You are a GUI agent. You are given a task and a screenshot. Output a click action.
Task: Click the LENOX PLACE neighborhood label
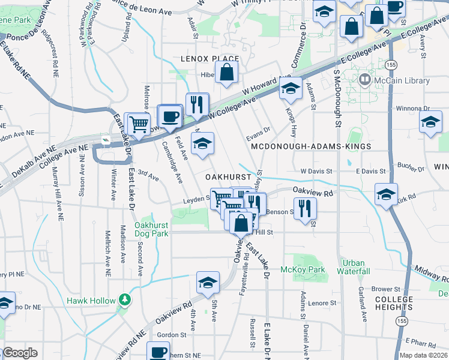click(210, 59)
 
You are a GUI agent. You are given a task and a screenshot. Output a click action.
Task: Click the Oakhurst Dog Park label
click(151, 229)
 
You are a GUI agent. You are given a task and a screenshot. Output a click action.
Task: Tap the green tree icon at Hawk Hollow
click(124, 299)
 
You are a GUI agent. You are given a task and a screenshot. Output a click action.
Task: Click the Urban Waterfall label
click(354, 267)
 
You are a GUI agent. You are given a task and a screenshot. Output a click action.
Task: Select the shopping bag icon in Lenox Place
click(228, 73)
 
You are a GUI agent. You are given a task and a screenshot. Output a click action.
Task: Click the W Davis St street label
click(316, 171)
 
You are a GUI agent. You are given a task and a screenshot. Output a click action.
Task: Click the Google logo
click(20, 353)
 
